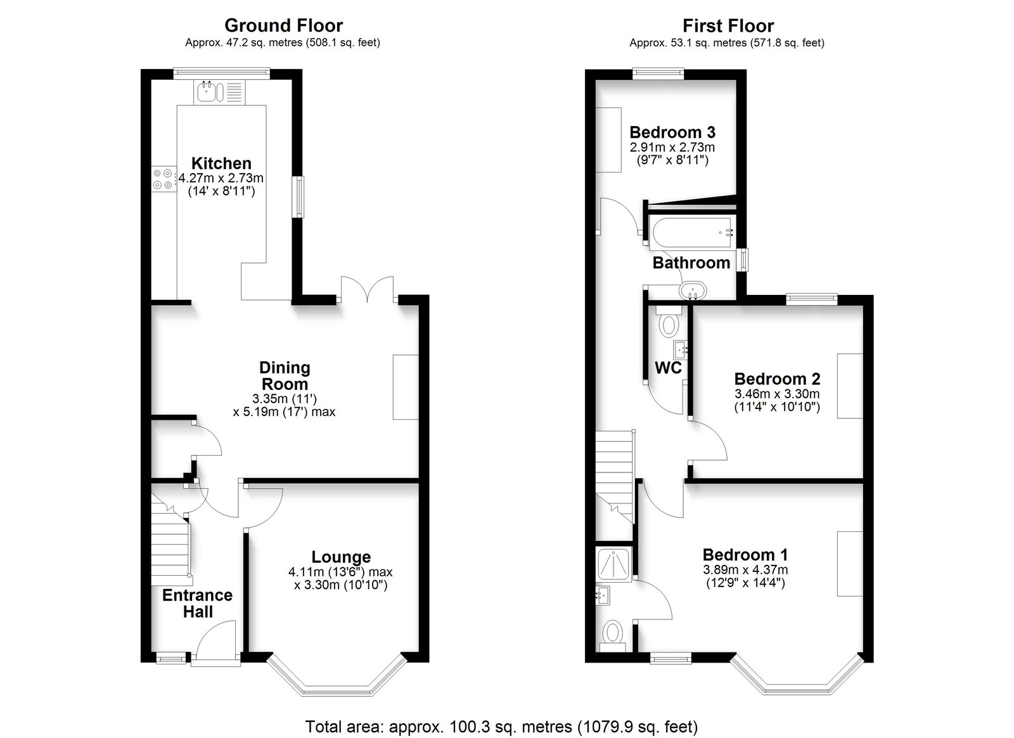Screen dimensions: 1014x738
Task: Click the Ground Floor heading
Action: [283, 26]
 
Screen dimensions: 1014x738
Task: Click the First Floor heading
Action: [728, 26]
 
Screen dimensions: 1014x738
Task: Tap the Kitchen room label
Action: [221, 163]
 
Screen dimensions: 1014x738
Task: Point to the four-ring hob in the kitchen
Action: [163, 179]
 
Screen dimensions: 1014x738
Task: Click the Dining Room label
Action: [285, 376]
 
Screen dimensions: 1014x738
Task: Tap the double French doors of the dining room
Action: [367, 290]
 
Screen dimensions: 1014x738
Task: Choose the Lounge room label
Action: [341, 557]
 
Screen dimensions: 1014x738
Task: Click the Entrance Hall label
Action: [197, 604]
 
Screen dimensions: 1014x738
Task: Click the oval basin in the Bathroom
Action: [693, 290]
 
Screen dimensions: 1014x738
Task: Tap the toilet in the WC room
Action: [669, 321]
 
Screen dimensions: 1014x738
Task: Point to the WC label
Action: [668, 368]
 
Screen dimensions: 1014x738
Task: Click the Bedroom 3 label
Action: [672, 133]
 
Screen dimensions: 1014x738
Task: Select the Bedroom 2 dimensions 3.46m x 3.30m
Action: [777, 394]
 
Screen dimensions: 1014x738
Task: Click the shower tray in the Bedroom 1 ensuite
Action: [614, 564]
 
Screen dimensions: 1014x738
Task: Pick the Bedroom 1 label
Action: [745, 555]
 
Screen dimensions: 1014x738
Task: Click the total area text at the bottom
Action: [501, 727]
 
